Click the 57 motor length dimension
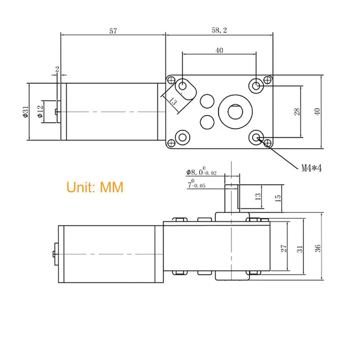(x=113, y=31)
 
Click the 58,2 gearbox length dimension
(x=219, y=31)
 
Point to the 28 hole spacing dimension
(x=297, y=112)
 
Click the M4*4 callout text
(x=312, y=168)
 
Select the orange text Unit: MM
(x=95, y=187)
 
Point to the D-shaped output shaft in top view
(x=235, y=110)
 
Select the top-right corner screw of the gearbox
(x=268, y=80)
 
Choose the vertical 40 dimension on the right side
(x=318, y=112)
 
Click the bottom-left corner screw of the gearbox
(x=171, y=143)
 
